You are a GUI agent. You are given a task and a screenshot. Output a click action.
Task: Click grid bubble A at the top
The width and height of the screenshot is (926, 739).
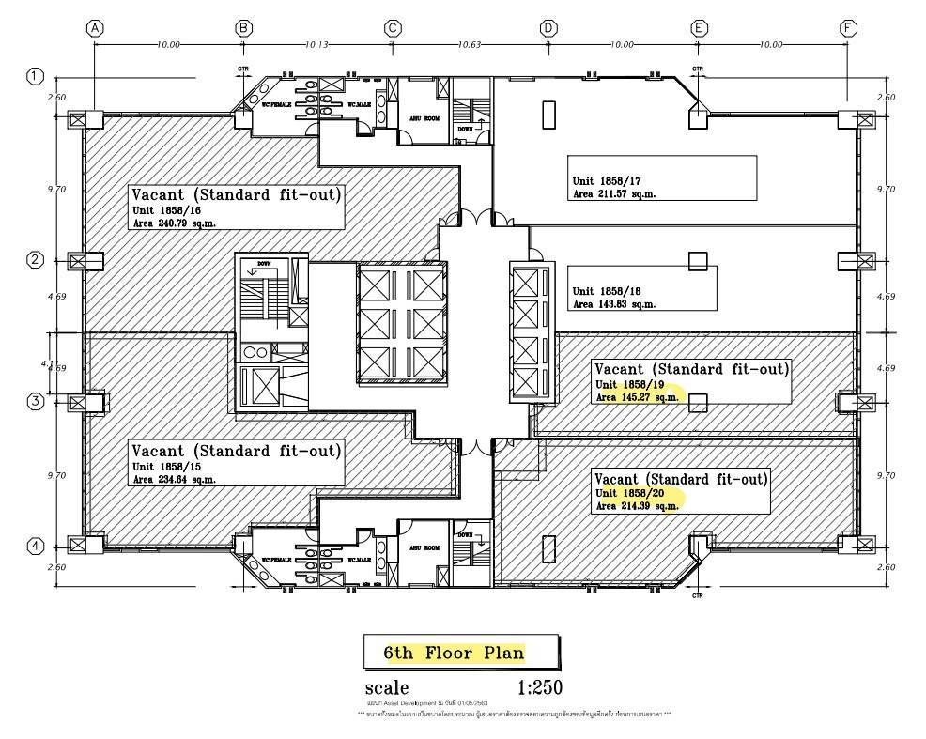(x=94, y=28)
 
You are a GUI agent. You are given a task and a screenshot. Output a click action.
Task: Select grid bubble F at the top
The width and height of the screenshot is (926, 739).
(x=849, y=28)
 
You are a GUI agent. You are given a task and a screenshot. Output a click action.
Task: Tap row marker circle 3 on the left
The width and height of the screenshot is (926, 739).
(x=35, y=402)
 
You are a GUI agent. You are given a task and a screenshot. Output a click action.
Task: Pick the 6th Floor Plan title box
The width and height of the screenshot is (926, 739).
(x=462, y=652)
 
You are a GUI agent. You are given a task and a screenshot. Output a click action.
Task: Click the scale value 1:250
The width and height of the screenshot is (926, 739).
(x=539, y=687)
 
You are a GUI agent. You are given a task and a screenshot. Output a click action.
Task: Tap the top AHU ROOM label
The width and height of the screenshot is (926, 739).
(x=424, y=119)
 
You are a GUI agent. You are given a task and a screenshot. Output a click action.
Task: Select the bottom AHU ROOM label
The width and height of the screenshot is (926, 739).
(x=424, y=547)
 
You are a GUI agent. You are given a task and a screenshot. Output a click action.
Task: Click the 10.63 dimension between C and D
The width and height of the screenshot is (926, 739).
(x=470, y=44)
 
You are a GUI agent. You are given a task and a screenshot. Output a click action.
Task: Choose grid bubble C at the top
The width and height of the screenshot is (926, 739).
(x=393, y=28)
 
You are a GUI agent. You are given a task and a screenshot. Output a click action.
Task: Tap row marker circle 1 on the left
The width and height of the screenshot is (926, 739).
(x=35, y=76)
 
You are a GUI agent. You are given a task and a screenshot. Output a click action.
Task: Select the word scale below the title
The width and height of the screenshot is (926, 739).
(x=387, y=688)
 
